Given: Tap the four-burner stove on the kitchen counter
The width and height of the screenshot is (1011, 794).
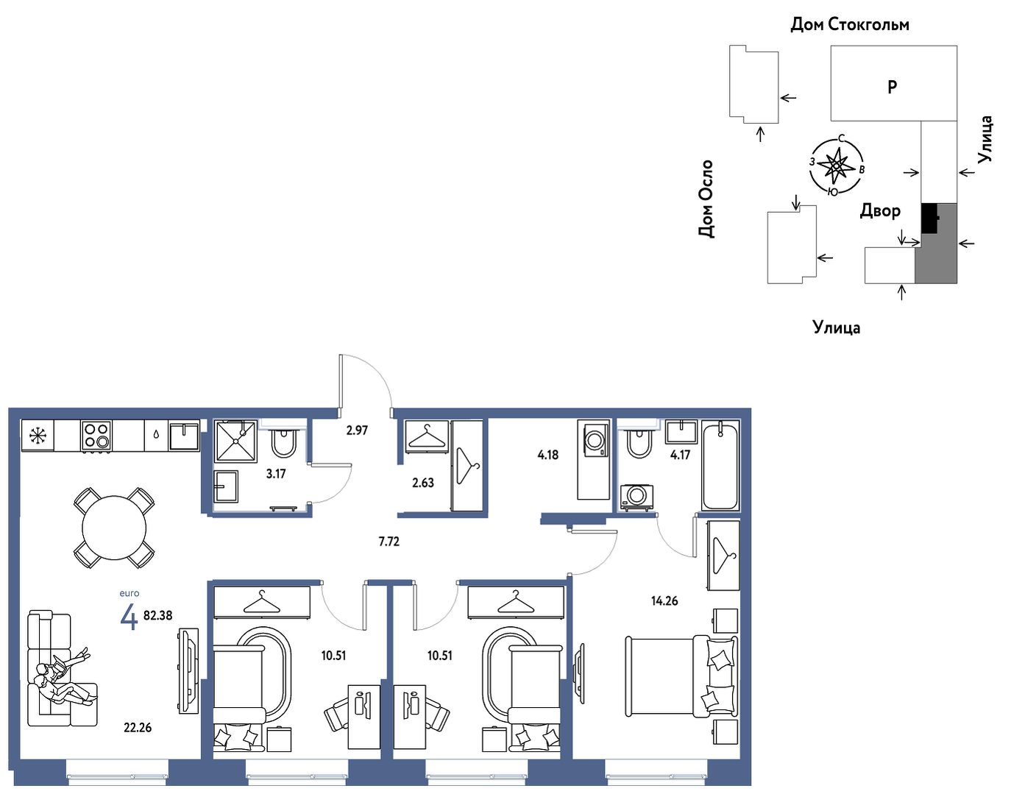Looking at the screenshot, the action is (x=96, y=436).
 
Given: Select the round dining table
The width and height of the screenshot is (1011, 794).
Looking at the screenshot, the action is (x=114, y=528).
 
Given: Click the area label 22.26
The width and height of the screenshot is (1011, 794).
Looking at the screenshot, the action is (x=138, y=728).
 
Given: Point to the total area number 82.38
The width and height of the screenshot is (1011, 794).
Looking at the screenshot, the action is (x=157, y=615).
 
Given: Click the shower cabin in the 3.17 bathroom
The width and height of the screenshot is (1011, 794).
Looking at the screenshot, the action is (x=236, y=442).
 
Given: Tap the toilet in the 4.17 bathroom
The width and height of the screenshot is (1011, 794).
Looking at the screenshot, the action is (x=639, y=443).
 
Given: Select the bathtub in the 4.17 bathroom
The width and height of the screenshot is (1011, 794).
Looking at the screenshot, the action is (x=720, y=466).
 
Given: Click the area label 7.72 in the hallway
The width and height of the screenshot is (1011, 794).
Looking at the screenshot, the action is (x=389, y=542).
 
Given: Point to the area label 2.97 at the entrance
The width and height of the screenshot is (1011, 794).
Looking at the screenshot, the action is (x=357, y=430).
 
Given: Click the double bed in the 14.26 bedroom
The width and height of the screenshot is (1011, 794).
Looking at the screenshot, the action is (x=681, y=677).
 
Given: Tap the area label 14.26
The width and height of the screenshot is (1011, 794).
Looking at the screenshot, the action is (x=664, y=601).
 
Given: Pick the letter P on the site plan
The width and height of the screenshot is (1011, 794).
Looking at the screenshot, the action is (x=892, y=87).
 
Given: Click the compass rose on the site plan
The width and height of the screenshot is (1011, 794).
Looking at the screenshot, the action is (x=837, y=166).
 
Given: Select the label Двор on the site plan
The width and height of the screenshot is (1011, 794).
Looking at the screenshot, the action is (x=880, y=210).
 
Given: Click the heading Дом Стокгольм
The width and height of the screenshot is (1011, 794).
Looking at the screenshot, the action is (x=850, y=24).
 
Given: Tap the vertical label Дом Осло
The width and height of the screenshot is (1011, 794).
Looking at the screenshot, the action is (x=706, y=199).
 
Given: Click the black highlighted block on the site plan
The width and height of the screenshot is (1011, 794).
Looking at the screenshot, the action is (x=930, y=218).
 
